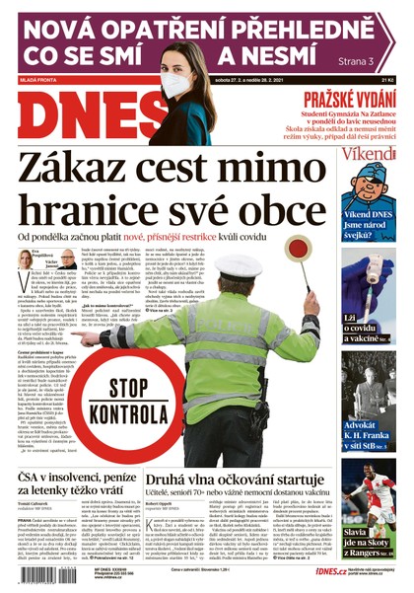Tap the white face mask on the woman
(x=176, y=83)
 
